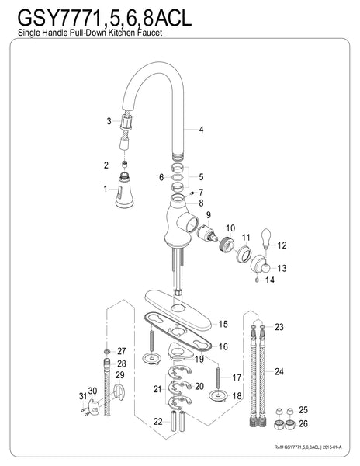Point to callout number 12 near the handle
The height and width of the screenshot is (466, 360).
click(x=282, y=245)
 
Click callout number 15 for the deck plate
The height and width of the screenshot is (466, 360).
click(x=223, y=323)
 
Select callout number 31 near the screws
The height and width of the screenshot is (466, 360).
click(x=82, y=398)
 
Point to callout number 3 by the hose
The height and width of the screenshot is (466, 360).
click(x=109, y=121)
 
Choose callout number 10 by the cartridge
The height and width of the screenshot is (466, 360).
click(x=230, y=228)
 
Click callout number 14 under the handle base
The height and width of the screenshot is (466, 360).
click(x=269, y=280)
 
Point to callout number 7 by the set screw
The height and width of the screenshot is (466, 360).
click(x=200, y=193)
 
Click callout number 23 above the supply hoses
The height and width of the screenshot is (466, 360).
click(x=280, y=326)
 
